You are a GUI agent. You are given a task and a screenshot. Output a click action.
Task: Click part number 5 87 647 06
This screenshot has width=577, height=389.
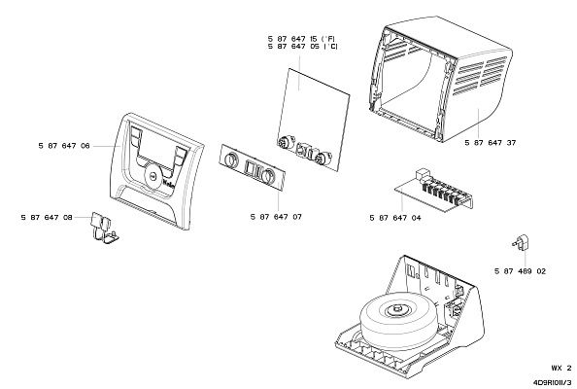tap(64, 145)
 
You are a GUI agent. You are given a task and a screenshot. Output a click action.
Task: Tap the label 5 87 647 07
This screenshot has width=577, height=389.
tap(275, 217)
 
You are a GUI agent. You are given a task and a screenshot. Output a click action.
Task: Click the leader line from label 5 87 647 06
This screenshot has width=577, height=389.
tap(107, 145)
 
